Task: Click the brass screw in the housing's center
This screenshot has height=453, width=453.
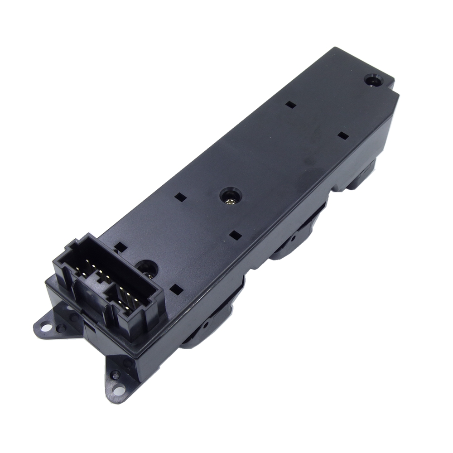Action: pos(231,196)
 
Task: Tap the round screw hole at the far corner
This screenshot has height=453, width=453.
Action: pos(373,81)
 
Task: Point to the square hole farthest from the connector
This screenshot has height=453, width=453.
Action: pos(291,104)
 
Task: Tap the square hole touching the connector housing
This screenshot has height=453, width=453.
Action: pos(120,246)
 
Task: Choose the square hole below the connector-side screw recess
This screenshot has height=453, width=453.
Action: pos(176,289)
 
